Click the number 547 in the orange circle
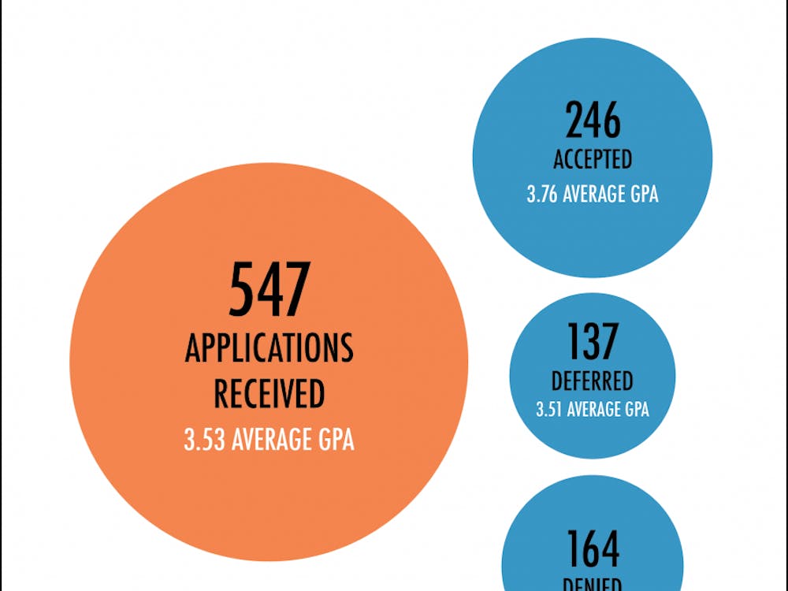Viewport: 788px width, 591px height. [x=269, y=290]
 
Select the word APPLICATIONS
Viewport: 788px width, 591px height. [x=269, y=348]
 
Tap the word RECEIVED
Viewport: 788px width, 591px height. [x=269, y=393]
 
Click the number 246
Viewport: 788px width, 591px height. [x=593, y=121]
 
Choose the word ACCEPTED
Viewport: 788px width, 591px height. [x=593, y=159]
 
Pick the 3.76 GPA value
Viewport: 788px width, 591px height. [x=542, y=194]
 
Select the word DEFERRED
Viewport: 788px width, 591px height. [x=593, y=381]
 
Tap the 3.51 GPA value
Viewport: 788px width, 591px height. [x=549, y=410]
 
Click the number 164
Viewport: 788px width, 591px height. [x=593, y=549]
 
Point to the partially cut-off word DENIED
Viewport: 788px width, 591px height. [x=593, y=585]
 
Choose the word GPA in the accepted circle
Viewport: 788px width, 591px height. [x=643, y=194]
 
